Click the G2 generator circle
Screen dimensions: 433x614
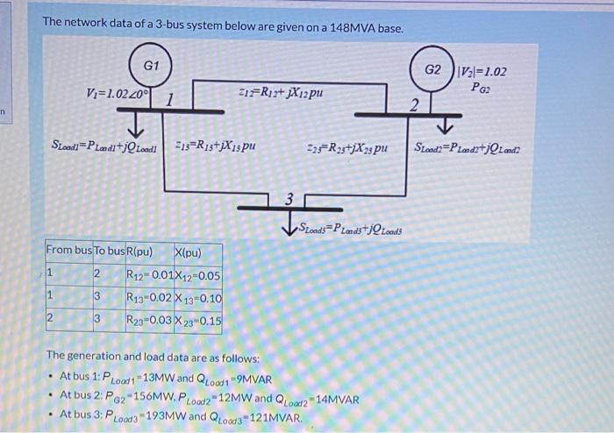434,69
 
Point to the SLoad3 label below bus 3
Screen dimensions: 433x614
350,230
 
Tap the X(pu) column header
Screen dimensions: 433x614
189,254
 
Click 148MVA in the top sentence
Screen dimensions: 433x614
346,29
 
